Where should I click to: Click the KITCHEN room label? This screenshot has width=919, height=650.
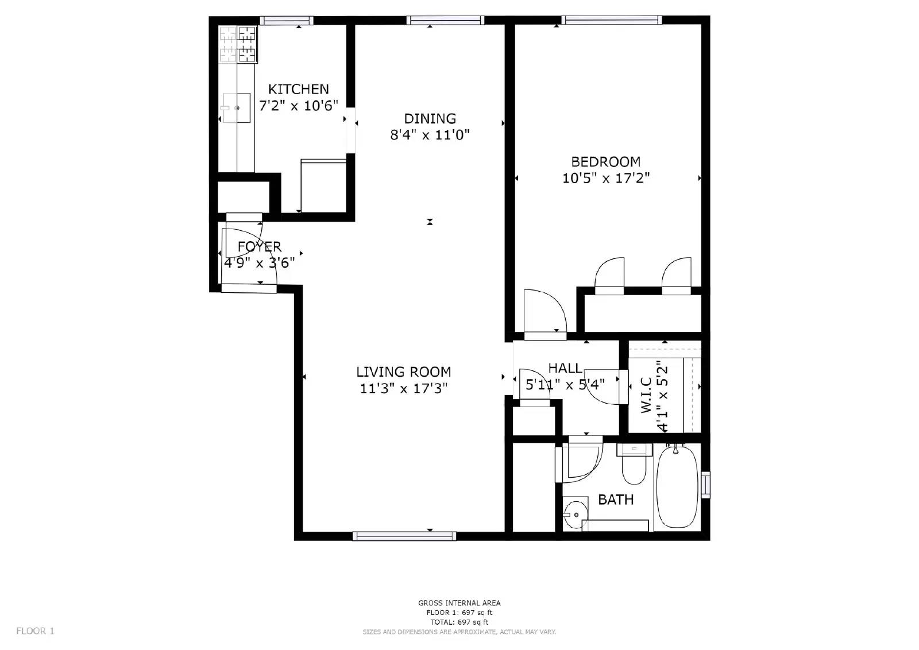pos(298,89)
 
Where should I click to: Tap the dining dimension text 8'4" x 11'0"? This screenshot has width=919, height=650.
pos(430,135)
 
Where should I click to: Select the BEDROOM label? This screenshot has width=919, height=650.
pos(605,161)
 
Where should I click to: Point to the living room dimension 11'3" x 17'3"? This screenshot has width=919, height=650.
pos(403,389)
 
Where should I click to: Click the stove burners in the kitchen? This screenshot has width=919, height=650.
pos(238,44)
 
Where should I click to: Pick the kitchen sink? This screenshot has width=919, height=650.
pos(236,108)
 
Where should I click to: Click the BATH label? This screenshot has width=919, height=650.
pos(616,500)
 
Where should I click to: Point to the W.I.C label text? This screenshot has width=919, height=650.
pos(646,395)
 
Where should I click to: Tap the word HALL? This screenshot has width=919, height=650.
pos(565,368)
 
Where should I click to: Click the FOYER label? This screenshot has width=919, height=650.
pos(260,247)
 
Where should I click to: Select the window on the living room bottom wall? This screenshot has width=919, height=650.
pos(404,536)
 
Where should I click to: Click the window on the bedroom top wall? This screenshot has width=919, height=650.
pos(612,20)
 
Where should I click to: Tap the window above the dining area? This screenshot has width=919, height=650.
pos(445,20)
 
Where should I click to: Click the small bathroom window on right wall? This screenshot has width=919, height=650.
pos(706,484)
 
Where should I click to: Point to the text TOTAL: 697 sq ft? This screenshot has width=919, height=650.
pos(459,622)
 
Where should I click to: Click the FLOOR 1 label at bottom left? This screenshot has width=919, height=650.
pos(35,631)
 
